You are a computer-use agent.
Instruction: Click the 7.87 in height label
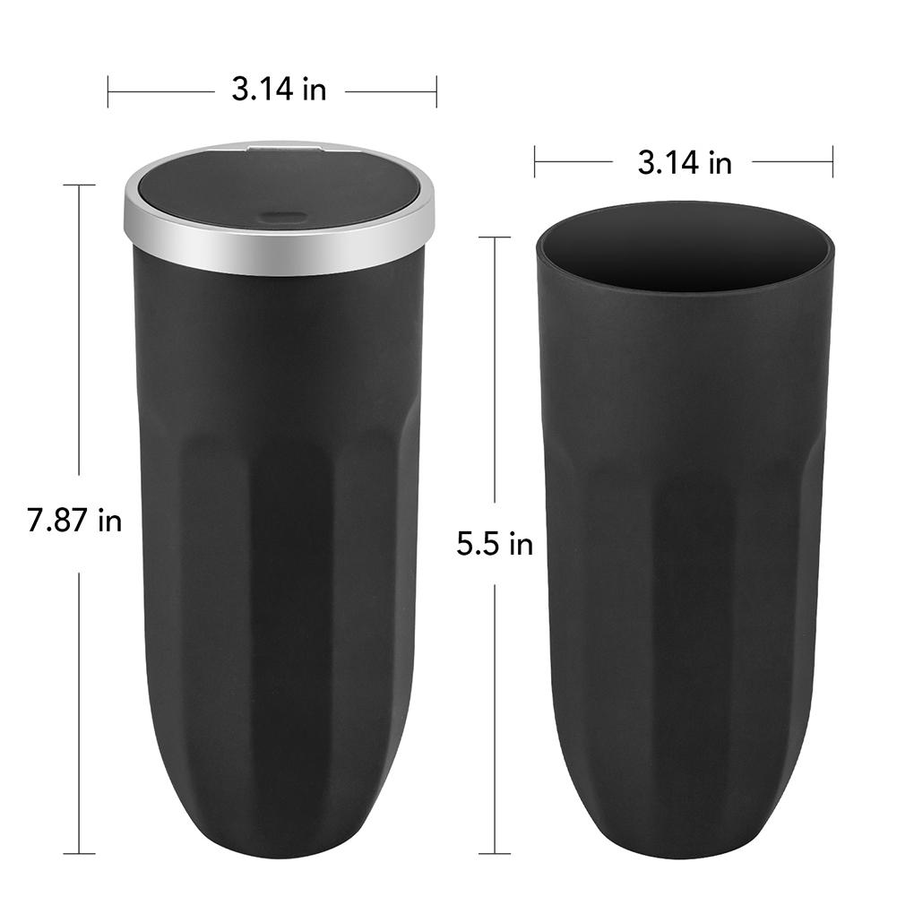pyautogui.click(x=74, y=521)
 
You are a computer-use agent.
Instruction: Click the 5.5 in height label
pyautogui.click(x=495, y=544)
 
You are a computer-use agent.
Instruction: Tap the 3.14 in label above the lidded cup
pyautogui.click(x=279, y=90)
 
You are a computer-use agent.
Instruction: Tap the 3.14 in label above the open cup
pyautogui.click(x=685, y=162)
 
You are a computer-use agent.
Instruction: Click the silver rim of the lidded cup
pyautogui.click(x=278, y=255)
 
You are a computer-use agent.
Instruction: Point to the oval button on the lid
pyautogui.click(x=279, y=216)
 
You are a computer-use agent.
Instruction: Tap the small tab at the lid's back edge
pyautogui.click(x=284, y=144)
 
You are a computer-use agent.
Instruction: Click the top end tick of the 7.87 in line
pyautogui.click(x=79, y=185)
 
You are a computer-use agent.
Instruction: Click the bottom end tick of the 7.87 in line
pyautogui.click(x=79, y=853)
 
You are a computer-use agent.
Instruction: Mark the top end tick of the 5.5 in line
pyautogui.click(x=495, y=237)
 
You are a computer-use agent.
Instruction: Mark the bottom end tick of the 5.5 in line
pyautogui.click(x=495, y=853)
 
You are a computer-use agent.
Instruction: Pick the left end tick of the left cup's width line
pyautogui.click(x=108, y=91)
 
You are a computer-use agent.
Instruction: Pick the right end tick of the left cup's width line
pyautogui.click(x=436, y=91)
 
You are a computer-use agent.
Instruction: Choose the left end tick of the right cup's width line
pyautogui.click(x=535, y=162)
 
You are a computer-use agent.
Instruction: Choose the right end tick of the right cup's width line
pyautogui.click(x=832, y=162)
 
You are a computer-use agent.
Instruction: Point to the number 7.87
pyautogui.click(x=60, y=521)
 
